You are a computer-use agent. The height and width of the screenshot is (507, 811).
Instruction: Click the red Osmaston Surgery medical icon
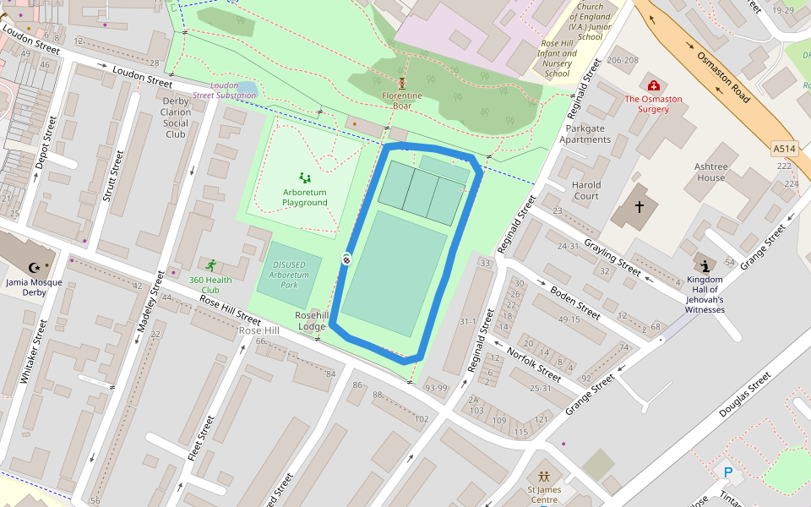[653, 85]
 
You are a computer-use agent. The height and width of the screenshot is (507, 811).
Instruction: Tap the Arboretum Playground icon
[304, 178]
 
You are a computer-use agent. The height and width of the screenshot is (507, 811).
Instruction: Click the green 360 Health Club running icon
[210, 265]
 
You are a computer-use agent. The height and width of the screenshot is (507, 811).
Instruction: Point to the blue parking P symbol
[727, 472]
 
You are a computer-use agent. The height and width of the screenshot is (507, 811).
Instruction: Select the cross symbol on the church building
[640, 206]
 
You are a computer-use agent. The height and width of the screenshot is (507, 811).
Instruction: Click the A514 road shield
[784, 149]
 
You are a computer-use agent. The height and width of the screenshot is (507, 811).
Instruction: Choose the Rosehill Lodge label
[310, 320]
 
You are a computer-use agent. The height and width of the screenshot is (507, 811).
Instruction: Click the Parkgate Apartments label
[585, 134]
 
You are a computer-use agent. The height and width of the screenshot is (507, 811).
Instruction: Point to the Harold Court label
[585, 190]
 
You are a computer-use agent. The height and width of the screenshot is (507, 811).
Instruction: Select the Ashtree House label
[710, 172]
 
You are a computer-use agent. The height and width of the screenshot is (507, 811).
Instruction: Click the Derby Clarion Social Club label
[176, 117]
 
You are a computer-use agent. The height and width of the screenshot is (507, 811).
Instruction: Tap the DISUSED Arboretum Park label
[289, 274]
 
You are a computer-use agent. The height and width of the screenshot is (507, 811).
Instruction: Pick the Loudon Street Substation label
[224, 90]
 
